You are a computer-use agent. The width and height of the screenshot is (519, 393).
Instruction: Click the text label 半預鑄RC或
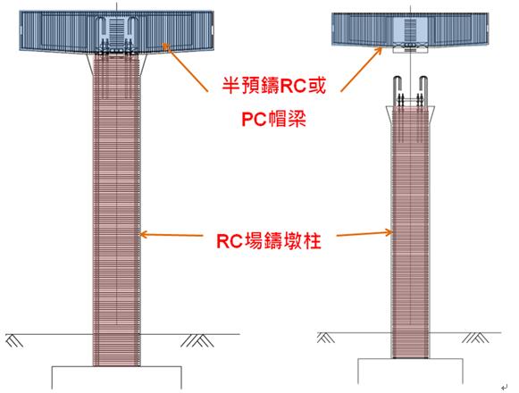pyautogui.click(x=273, y=86)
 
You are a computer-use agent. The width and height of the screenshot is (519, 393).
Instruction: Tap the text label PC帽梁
pyautogui.click(x=273, y=119)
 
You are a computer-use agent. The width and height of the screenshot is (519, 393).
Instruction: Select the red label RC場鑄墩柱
pyautogui.click(x=269, y=240)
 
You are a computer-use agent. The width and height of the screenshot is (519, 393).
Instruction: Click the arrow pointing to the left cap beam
pyautogui.click(x=184, y=67)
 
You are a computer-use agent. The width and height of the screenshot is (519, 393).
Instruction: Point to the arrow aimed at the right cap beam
pyautogui.click(x=362, y=69)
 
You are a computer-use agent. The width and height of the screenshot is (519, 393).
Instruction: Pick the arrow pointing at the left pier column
pyautogui.click(x=171, y=235)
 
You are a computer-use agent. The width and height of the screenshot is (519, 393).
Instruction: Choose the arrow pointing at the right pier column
pyautogui.click(x=364, y=234)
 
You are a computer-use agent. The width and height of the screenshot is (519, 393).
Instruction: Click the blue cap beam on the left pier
pyautogui.click(x=116, y=31)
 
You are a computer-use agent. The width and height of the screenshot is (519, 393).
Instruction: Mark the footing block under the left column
pyautogui.click(x=117, y=378)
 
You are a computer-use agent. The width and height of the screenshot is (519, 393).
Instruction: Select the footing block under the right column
pyautogui.click(x=410, y=371)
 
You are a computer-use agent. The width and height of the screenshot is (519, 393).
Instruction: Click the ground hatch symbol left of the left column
pyautogui.click(x=14, y=340)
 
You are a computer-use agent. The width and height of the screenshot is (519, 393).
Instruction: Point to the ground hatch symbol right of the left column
pyautogui.click(x=197, y=340)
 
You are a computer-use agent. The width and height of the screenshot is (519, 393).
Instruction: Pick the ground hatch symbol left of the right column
pyautogui.click(x=326, y=338)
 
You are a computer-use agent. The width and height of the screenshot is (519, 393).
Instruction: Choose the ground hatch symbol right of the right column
pyautogui.click(x=475, y=338)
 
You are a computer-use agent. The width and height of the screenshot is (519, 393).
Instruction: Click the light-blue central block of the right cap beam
pyautogui.click(x=410, y=30)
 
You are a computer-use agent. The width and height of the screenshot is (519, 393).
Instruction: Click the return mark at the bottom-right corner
pyautogui.click(x=504, y=387)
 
